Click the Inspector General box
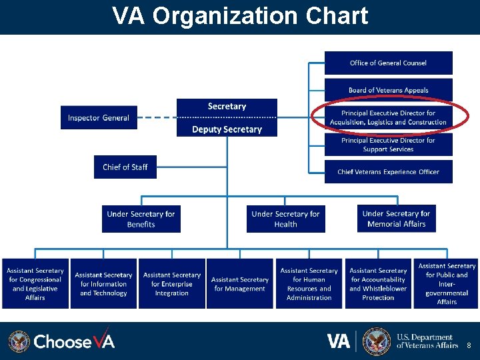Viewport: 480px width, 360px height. coord(99,118)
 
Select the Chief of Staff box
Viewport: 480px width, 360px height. coord(125,167)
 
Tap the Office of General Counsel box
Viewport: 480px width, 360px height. coord(388,63)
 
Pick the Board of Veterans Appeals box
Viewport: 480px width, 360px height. coord(388,90)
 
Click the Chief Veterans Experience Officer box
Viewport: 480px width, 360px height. coord(388,171)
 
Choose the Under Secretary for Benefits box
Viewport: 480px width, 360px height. coord(141,219)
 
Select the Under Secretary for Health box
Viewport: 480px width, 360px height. coord(285,219)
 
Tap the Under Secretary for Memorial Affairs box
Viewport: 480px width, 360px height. coord(396,219)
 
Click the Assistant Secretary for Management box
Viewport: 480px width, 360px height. coord(239,284)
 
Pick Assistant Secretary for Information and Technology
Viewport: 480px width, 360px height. coord(103,284)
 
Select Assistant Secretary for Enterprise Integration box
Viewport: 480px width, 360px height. coord(171,284)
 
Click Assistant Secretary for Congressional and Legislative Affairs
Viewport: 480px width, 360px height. coord(35,284)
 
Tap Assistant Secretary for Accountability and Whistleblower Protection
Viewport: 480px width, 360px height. coord(378,284)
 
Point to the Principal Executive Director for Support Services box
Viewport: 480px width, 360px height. coord(388,145)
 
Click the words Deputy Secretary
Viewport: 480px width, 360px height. coord(227,129)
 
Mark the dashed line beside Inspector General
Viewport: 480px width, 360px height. coord(157,118)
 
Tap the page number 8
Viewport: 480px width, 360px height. coord(469,346)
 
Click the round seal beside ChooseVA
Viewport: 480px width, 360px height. coord(19,341)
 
